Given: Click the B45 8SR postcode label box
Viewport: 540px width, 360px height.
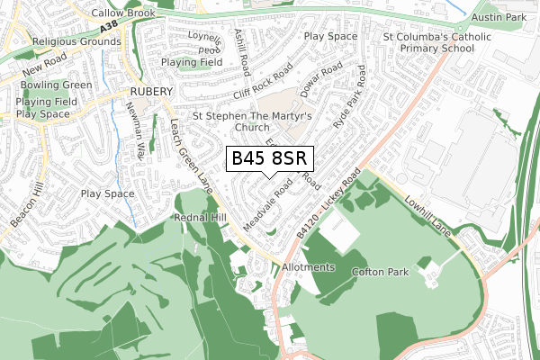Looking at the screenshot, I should pos(270,159).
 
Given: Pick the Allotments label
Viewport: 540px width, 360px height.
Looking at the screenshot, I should pos(308,268).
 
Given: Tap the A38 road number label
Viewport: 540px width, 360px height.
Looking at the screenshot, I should pos(110,30).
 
